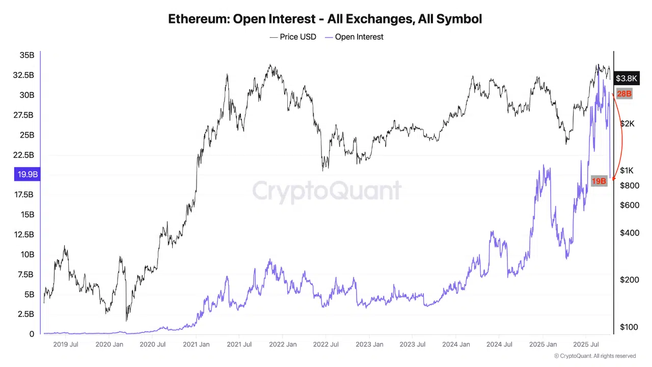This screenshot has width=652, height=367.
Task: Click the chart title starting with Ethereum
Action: pyautogui.click(x=325, y=19)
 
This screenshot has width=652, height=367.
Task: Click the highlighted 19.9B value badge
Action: pyautogui.click(x=28, y=174)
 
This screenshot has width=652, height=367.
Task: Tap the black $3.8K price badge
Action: pyautogui.click(x=626, y=78)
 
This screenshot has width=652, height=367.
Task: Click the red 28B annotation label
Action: pyautogui.click(x=624, y=94)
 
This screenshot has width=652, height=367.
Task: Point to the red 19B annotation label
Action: pyautogui.click(x=599, y=181)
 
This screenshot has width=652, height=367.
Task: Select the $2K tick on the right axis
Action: pyautogui.click(x=627, y=123)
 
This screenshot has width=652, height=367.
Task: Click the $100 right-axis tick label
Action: pyautogui.click(x=629, y=327)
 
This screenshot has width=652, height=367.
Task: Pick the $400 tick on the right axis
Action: pyautogui.click(x=629, y=233)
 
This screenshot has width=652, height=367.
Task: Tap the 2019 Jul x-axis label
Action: pyautogui.click(x=66, y=345)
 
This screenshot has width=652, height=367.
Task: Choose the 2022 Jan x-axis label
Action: pyautogui.click(x=284, y=345)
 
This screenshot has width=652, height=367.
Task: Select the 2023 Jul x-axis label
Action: pyautogui.click(x=413, y=345)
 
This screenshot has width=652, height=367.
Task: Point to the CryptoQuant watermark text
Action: pyautogui.click(x=327, y=191)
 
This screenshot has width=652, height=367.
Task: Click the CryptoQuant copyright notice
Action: pyautogui.click(x=595, y=356)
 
